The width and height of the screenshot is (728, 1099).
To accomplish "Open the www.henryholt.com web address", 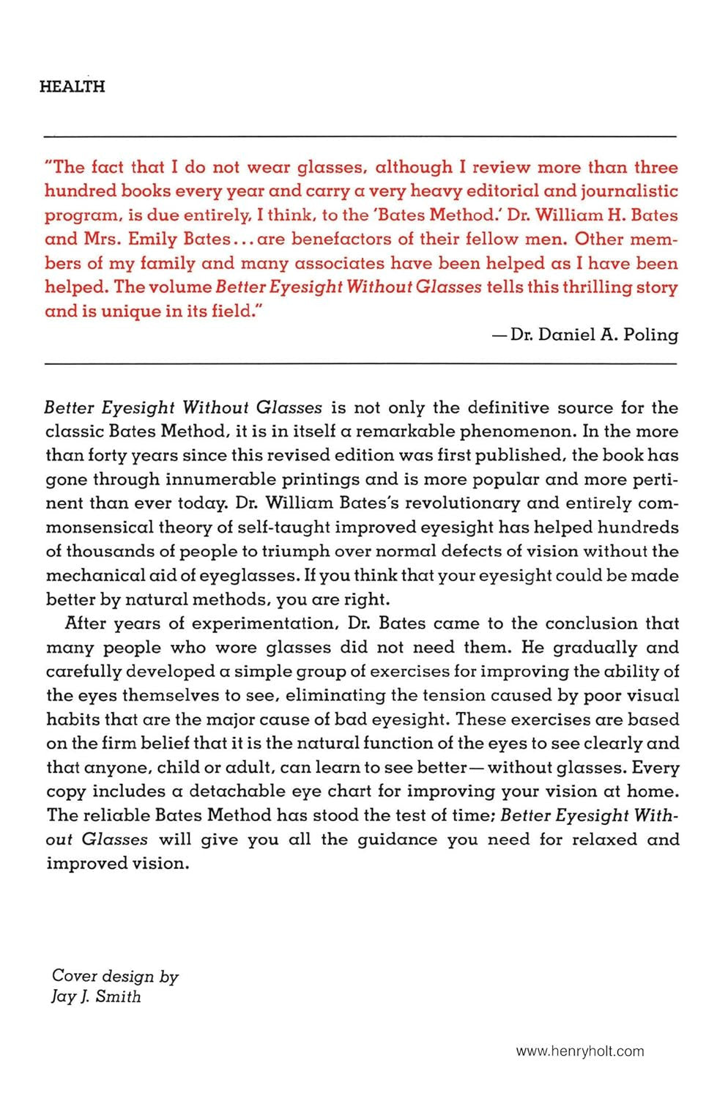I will click(x=580, y=1051).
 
